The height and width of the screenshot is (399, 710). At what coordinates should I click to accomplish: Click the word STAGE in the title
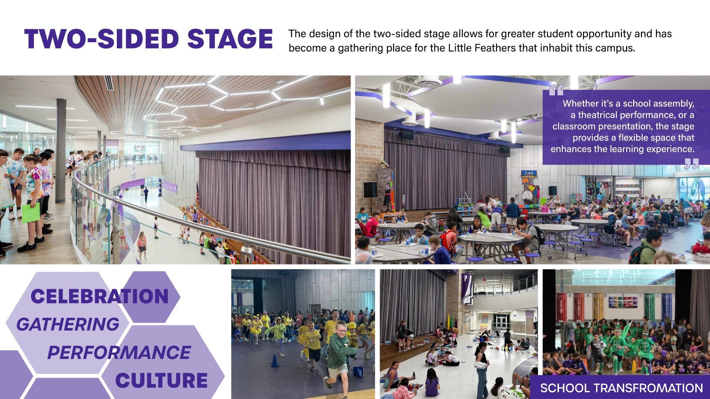point(230,39)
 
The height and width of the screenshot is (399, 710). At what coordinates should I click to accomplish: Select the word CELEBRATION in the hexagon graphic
point(99,296)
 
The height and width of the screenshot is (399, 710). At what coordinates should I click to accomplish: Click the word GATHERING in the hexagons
point(68,324)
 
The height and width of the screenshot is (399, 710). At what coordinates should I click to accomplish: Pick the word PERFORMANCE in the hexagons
point(119,352)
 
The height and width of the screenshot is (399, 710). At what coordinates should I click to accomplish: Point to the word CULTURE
point(162,381)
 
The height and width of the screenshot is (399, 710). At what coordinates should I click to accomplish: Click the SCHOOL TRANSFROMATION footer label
point(621,388)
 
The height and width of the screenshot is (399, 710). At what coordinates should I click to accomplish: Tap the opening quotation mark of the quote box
point(556,90)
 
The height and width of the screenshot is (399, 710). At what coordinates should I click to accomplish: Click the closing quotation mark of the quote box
point(691,164)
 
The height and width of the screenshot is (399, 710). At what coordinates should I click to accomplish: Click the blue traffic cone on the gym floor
point(274,361)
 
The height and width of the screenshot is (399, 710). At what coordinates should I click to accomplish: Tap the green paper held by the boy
point(31,212)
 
